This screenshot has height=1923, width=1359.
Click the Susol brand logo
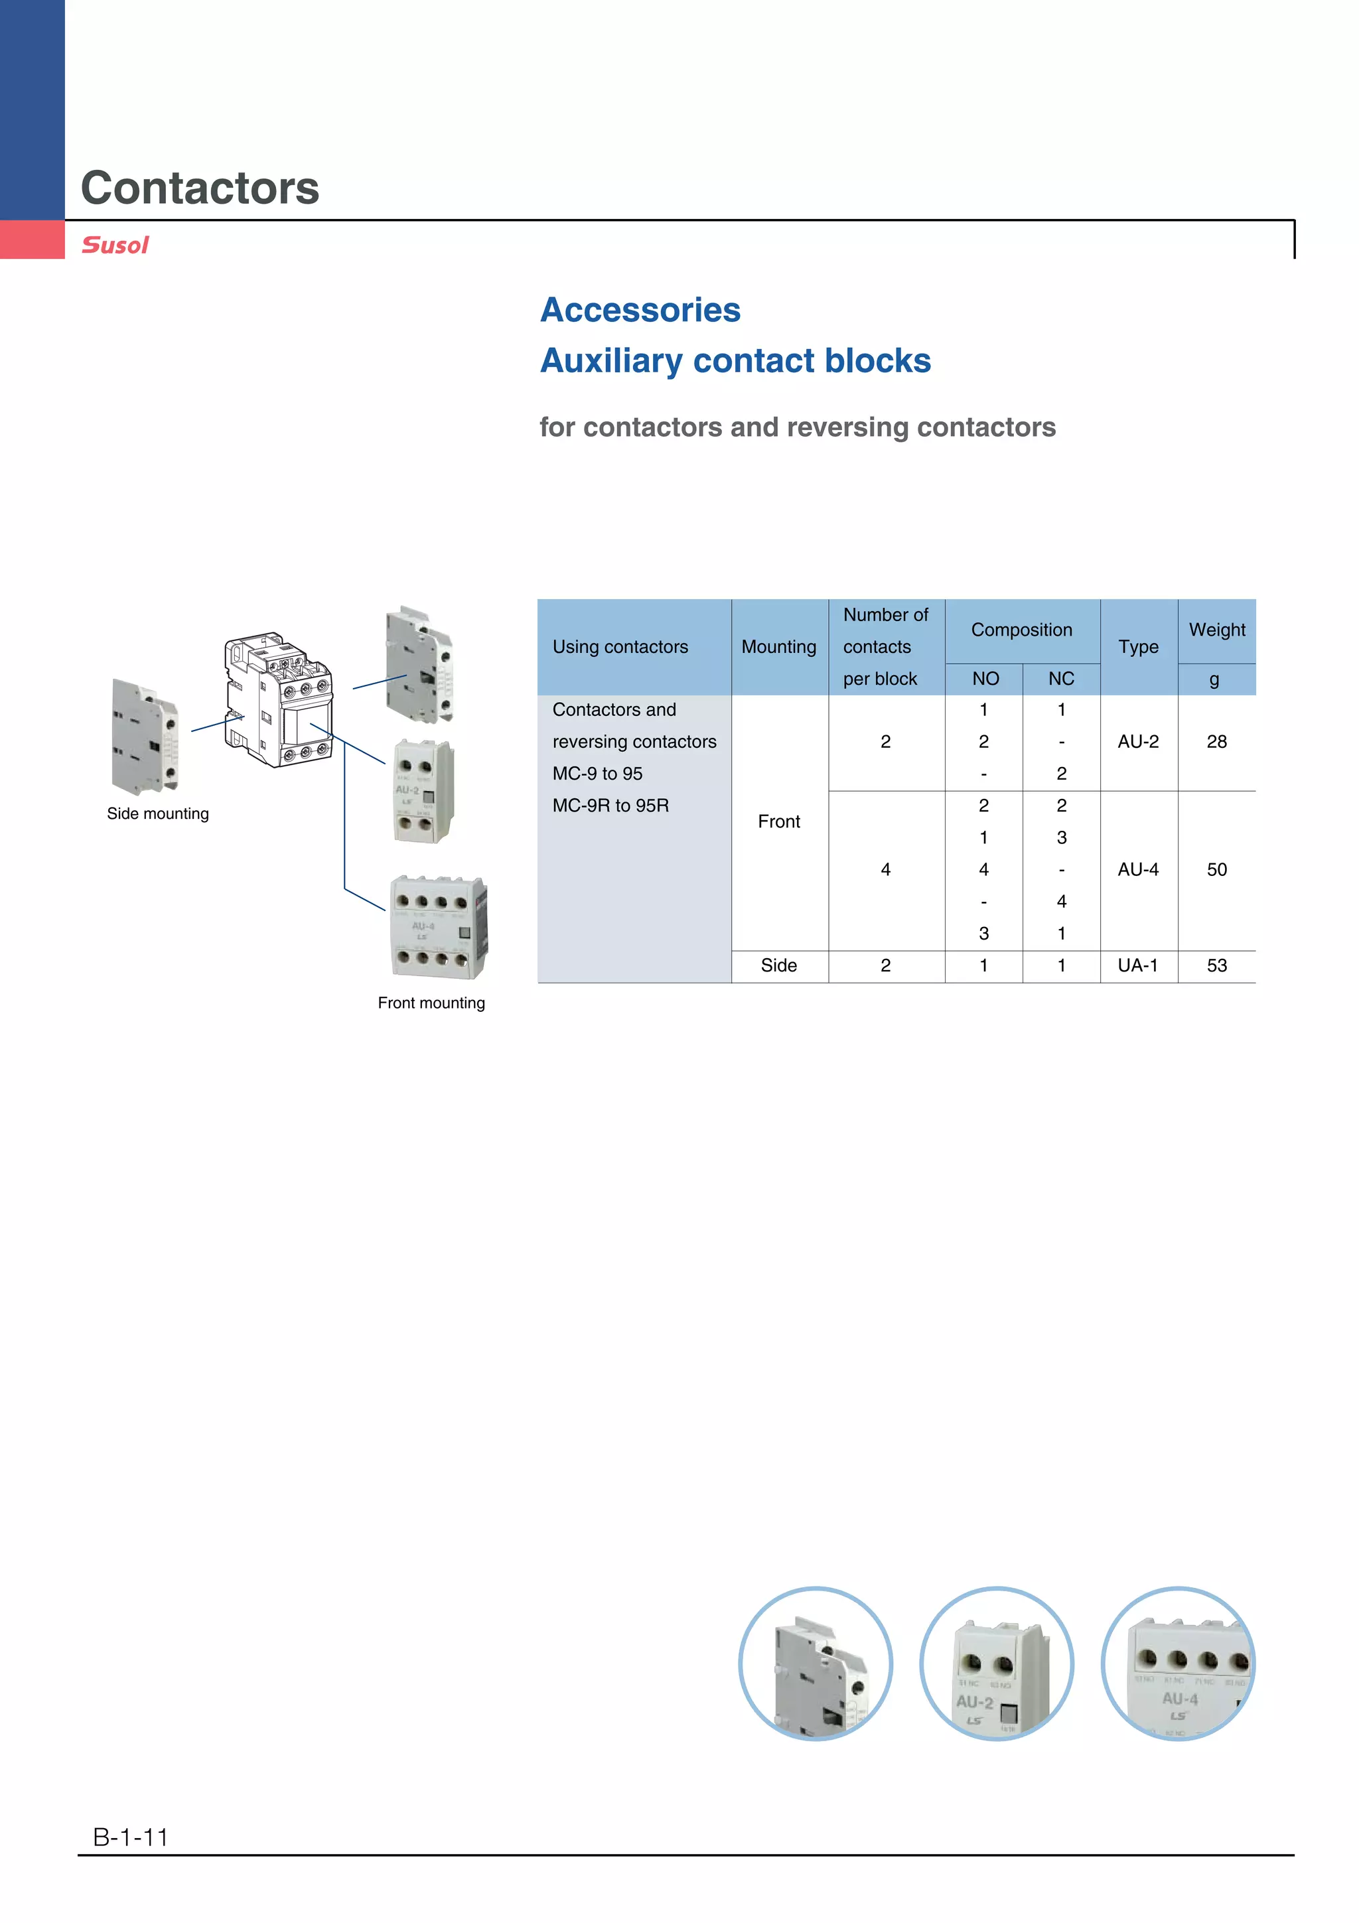(115, 246)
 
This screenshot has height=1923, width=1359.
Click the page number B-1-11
(131, 1837)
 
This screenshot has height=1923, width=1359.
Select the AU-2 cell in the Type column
(1138, 742)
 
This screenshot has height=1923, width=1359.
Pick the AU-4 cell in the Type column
(1138, 869)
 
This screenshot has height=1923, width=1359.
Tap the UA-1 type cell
(1138, 965)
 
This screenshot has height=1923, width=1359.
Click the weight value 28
(1216, 742)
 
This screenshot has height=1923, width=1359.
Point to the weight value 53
(1216, 965)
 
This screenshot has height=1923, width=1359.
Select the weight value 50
(1216, 869)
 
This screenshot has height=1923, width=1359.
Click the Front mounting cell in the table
(779, 821)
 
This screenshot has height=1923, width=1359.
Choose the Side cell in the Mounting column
(779, 965)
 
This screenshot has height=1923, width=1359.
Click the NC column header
(1061, 678)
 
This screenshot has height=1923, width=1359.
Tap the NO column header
(985, 678)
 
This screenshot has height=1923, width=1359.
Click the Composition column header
(1021, 630)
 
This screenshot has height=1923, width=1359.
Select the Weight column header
(1216, 630)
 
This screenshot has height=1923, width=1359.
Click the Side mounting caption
(157, 814)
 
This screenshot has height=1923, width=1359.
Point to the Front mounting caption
(431, 1003)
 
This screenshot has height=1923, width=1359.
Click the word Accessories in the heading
(640, 310)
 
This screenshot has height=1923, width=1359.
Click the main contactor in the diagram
(279, 699)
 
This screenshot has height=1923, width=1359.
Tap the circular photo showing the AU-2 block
(997, 1664)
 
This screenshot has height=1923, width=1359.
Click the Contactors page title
(200, 188)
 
